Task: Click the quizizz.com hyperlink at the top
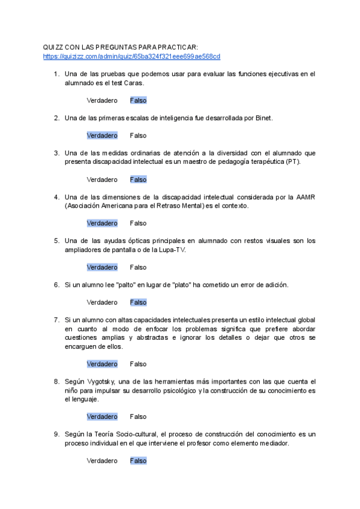point(131,56)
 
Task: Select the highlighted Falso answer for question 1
point(138,100)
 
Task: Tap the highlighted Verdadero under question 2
point(102,136)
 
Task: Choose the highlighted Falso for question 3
point(138,179)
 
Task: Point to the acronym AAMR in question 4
point(304,197)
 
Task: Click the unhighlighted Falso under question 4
point(138,223)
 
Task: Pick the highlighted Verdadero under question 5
point(102,267)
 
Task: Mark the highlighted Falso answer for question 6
point(138,303)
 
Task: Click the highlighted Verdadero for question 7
point(102,364)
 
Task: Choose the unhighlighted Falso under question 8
point(138,417)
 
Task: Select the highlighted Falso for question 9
point(138,461)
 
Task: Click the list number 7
point(56,320)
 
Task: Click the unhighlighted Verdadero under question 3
point(102,179)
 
